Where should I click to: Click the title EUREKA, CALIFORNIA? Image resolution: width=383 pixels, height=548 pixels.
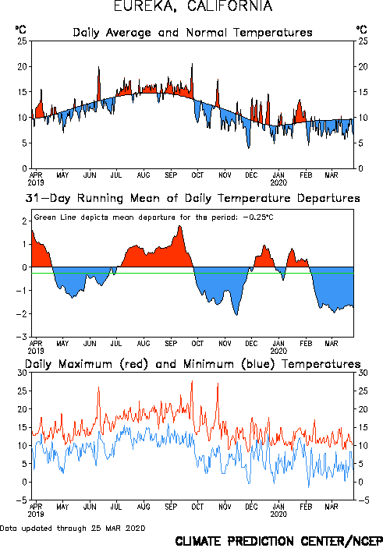(193, 6)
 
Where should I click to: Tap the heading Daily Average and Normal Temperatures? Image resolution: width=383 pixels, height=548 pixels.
(193, 33)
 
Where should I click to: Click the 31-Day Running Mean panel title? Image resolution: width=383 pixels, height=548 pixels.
(193, 199)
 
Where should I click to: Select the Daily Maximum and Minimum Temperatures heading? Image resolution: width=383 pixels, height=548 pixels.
(193, 364)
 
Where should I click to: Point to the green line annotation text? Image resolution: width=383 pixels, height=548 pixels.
(154, 217)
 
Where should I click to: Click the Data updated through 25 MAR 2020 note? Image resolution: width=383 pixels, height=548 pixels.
(73, 528)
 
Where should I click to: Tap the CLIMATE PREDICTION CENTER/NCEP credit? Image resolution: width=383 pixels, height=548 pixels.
(278, 541)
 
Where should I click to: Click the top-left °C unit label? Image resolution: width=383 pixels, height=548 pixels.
(20, 29)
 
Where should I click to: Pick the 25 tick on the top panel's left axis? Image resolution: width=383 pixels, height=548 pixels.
(23, 41)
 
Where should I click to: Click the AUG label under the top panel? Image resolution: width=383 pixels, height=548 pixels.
(144, 175)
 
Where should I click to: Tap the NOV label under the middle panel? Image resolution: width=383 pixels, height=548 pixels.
(225, 344)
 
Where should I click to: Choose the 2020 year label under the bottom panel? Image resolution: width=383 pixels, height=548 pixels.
(278, 514)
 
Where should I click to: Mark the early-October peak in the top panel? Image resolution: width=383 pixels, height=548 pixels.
(192, 64)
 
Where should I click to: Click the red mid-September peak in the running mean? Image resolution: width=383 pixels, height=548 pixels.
(179, 226)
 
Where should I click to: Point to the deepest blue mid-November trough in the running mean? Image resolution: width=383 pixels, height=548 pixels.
(236, 315)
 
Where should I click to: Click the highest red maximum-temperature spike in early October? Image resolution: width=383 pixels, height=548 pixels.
(192, 381)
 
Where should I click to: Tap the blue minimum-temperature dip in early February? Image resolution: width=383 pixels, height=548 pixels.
(308, 487)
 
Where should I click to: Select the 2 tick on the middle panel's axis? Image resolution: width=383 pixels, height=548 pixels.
(24, 221)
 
